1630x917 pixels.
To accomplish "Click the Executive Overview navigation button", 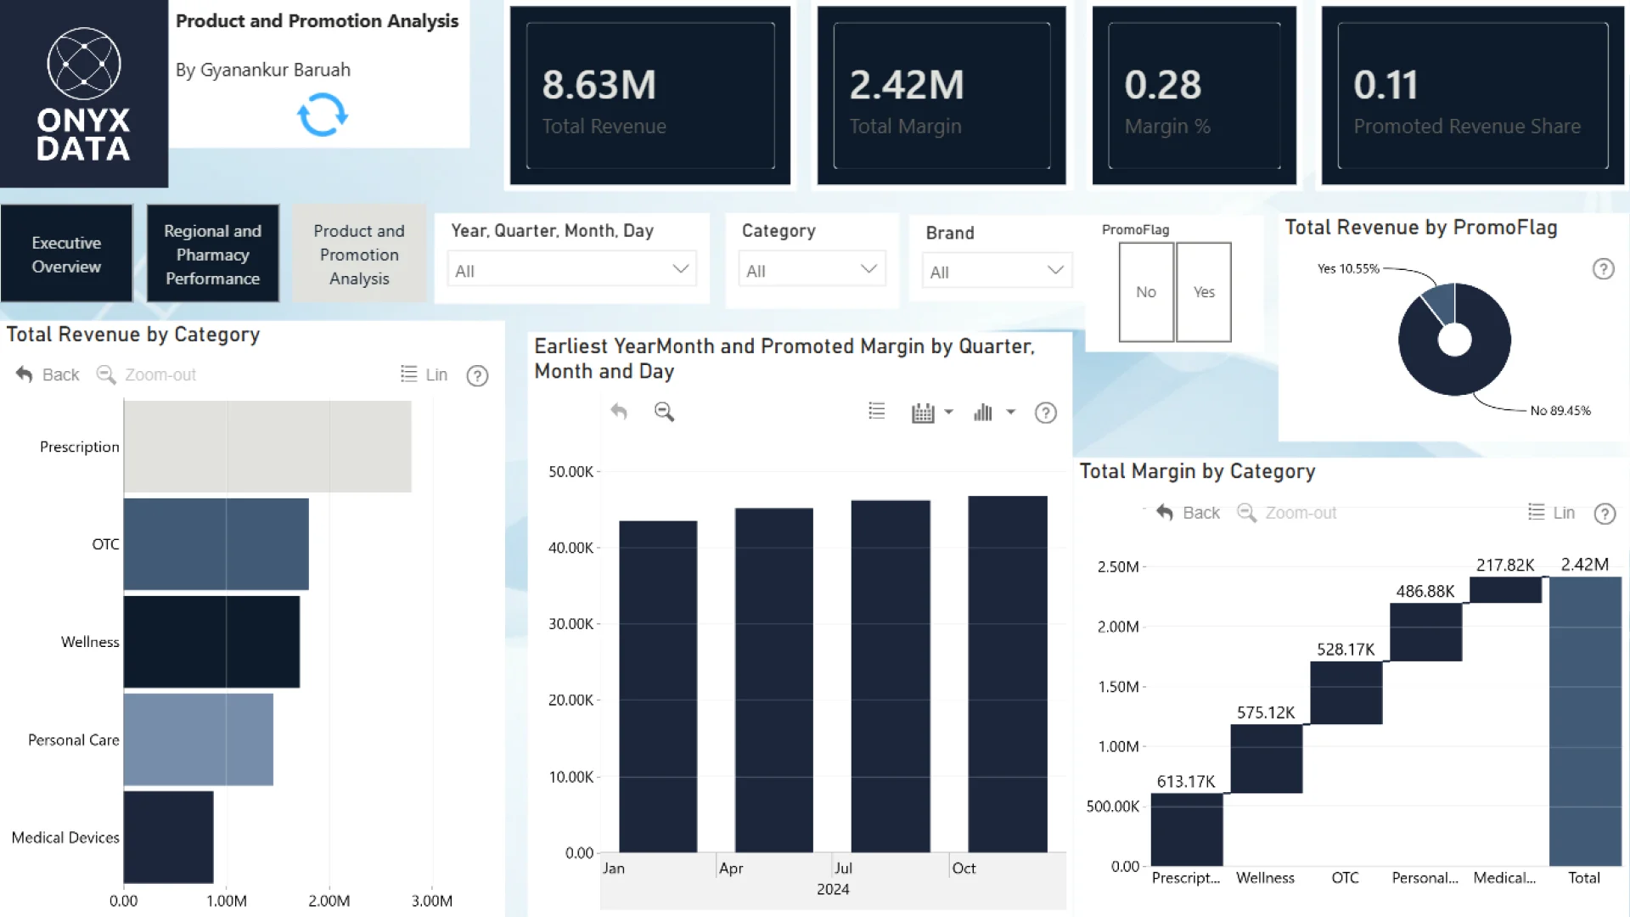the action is pos(66,254).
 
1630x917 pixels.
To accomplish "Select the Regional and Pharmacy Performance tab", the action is pos(212,254).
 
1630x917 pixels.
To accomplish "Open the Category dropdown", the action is pos(812,269).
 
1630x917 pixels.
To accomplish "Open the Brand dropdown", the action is pos(997,271).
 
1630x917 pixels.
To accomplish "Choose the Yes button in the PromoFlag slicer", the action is pos(1204,292).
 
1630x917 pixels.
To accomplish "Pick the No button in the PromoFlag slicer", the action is pos(1146,292).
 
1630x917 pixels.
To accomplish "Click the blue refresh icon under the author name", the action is pos(323,115).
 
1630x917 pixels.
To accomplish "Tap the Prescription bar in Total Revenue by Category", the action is pos(267,447).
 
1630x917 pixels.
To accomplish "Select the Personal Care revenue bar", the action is pos(199,740).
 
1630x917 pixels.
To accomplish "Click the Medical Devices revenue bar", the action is pos(168,837).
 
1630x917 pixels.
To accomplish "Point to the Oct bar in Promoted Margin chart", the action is pos(1008,674).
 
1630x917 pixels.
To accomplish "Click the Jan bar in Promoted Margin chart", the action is pos(658,687).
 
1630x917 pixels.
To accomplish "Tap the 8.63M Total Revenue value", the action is pos(599,85).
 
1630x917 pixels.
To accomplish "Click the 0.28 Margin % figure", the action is pos(1163,85).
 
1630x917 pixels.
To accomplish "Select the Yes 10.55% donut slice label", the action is pos(1348,269).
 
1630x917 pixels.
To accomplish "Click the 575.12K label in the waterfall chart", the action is pos(1266,712).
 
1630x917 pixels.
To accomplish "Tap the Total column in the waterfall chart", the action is pos(1585,721).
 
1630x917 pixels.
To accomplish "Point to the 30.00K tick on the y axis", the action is pos(570,624).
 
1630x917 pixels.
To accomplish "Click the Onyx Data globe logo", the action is pos(84,63).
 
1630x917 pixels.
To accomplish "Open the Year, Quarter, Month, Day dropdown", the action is pos(571,269).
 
